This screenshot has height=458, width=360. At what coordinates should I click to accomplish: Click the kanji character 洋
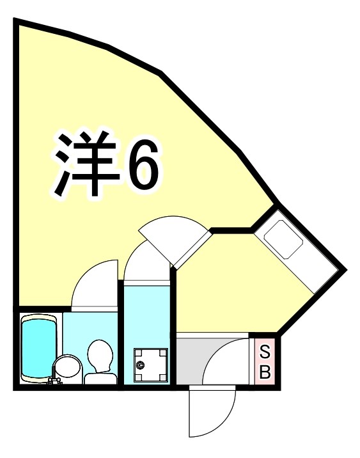coord(86,165)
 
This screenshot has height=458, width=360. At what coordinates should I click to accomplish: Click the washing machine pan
coord(148,365)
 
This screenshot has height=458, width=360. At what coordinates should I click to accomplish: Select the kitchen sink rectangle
coord(282,241)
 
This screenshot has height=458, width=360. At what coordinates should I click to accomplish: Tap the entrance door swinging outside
coord(214,413)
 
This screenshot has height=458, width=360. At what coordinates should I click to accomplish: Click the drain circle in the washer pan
coord(141,365)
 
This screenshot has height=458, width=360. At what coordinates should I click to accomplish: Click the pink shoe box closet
coord(263,361)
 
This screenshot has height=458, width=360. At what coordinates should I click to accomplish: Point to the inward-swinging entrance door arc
coord(224,361)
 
